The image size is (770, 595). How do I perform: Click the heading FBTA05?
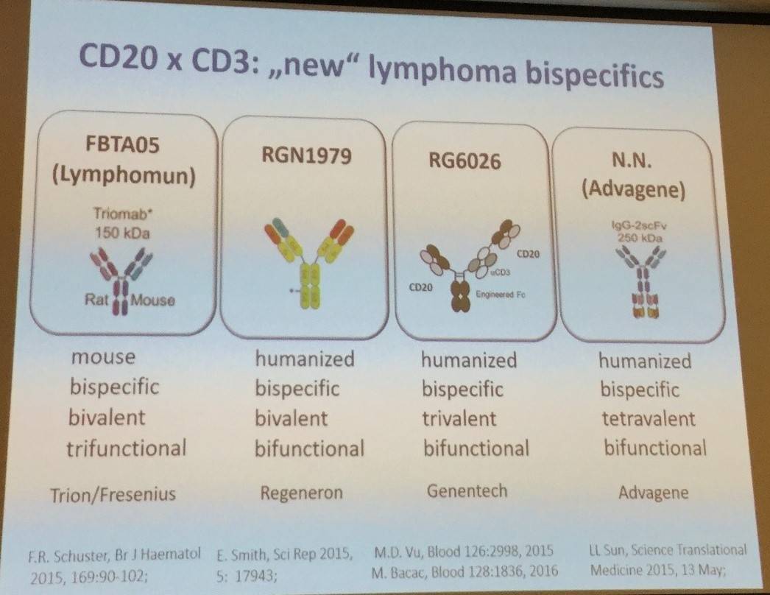click(123, 145)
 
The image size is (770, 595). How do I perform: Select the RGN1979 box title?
click(307, 156)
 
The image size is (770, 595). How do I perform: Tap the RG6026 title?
click(465, 161)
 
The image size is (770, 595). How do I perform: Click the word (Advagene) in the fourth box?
click(634, 190)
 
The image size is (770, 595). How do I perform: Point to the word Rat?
click(96, 299)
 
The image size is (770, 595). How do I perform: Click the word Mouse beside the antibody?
click(152, 300)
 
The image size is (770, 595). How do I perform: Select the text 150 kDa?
click(122, 233)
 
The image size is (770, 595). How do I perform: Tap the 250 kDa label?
click(638, 239)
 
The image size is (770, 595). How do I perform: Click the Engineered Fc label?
click(501, 295)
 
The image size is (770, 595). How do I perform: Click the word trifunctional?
click(127, 448)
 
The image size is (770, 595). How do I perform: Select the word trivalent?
click(459, 418)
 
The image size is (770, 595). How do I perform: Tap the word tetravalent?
click(649, 418)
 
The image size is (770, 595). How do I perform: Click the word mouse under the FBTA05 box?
click(103, 357)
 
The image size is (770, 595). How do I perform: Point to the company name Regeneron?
click(302, 493)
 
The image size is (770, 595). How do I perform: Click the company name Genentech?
click(467, 491)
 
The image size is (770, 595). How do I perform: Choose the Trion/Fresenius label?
click(113, 494)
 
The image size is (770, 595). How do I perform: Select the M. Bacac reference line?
click(465, 571)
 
